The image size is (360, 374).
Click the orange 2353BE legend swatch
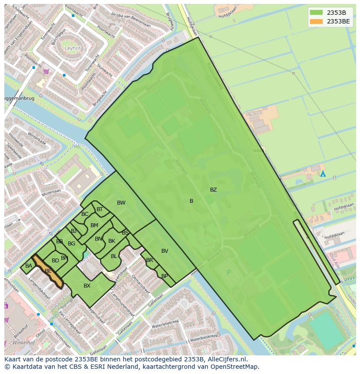317,21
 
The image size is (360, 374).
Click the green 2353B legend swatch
317,13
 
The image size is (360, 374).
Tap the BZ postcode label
213,190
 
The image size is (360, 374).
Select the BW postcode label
121,203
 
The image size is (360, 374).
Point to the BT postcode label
100,209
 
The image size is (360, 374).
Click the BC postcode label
85,214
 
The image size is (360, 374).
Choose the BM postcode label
94,225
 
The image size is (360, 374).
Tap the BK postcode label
112,241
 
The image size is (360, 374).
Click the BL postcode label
114,256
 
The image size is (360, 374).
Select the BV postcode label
165,251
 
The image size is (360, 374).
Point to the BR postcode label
150,261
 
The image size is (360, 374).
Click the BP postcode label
164,276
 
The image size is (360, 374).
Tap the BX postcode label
87,286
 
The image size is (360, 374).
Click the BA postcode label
29,266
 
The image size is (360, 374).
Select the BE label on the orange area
48,271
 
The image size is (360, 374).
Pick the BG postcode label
71,244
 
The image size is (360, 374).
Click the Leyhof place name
73,48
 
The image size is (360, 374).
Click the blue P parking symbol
229,273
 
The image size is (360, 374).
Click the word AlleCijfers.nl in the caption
227,359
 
